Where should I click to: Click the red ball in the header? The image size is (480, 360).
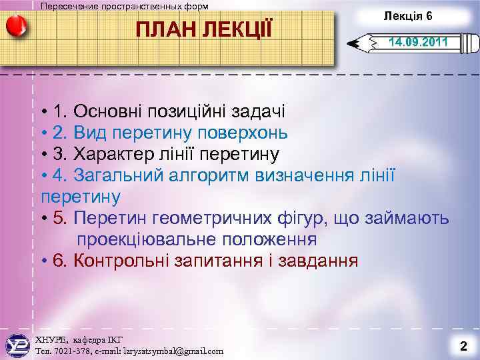[16, 28]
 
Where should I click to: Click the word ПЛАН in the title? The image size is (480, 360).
[164, 30]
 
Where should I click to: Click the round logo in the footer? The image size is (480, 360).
[16, 344]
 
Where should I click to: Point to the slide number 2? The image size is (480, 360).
[463, 346]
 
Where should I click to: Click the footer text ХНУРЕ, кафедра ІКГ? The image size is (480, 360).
[79, 339]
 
